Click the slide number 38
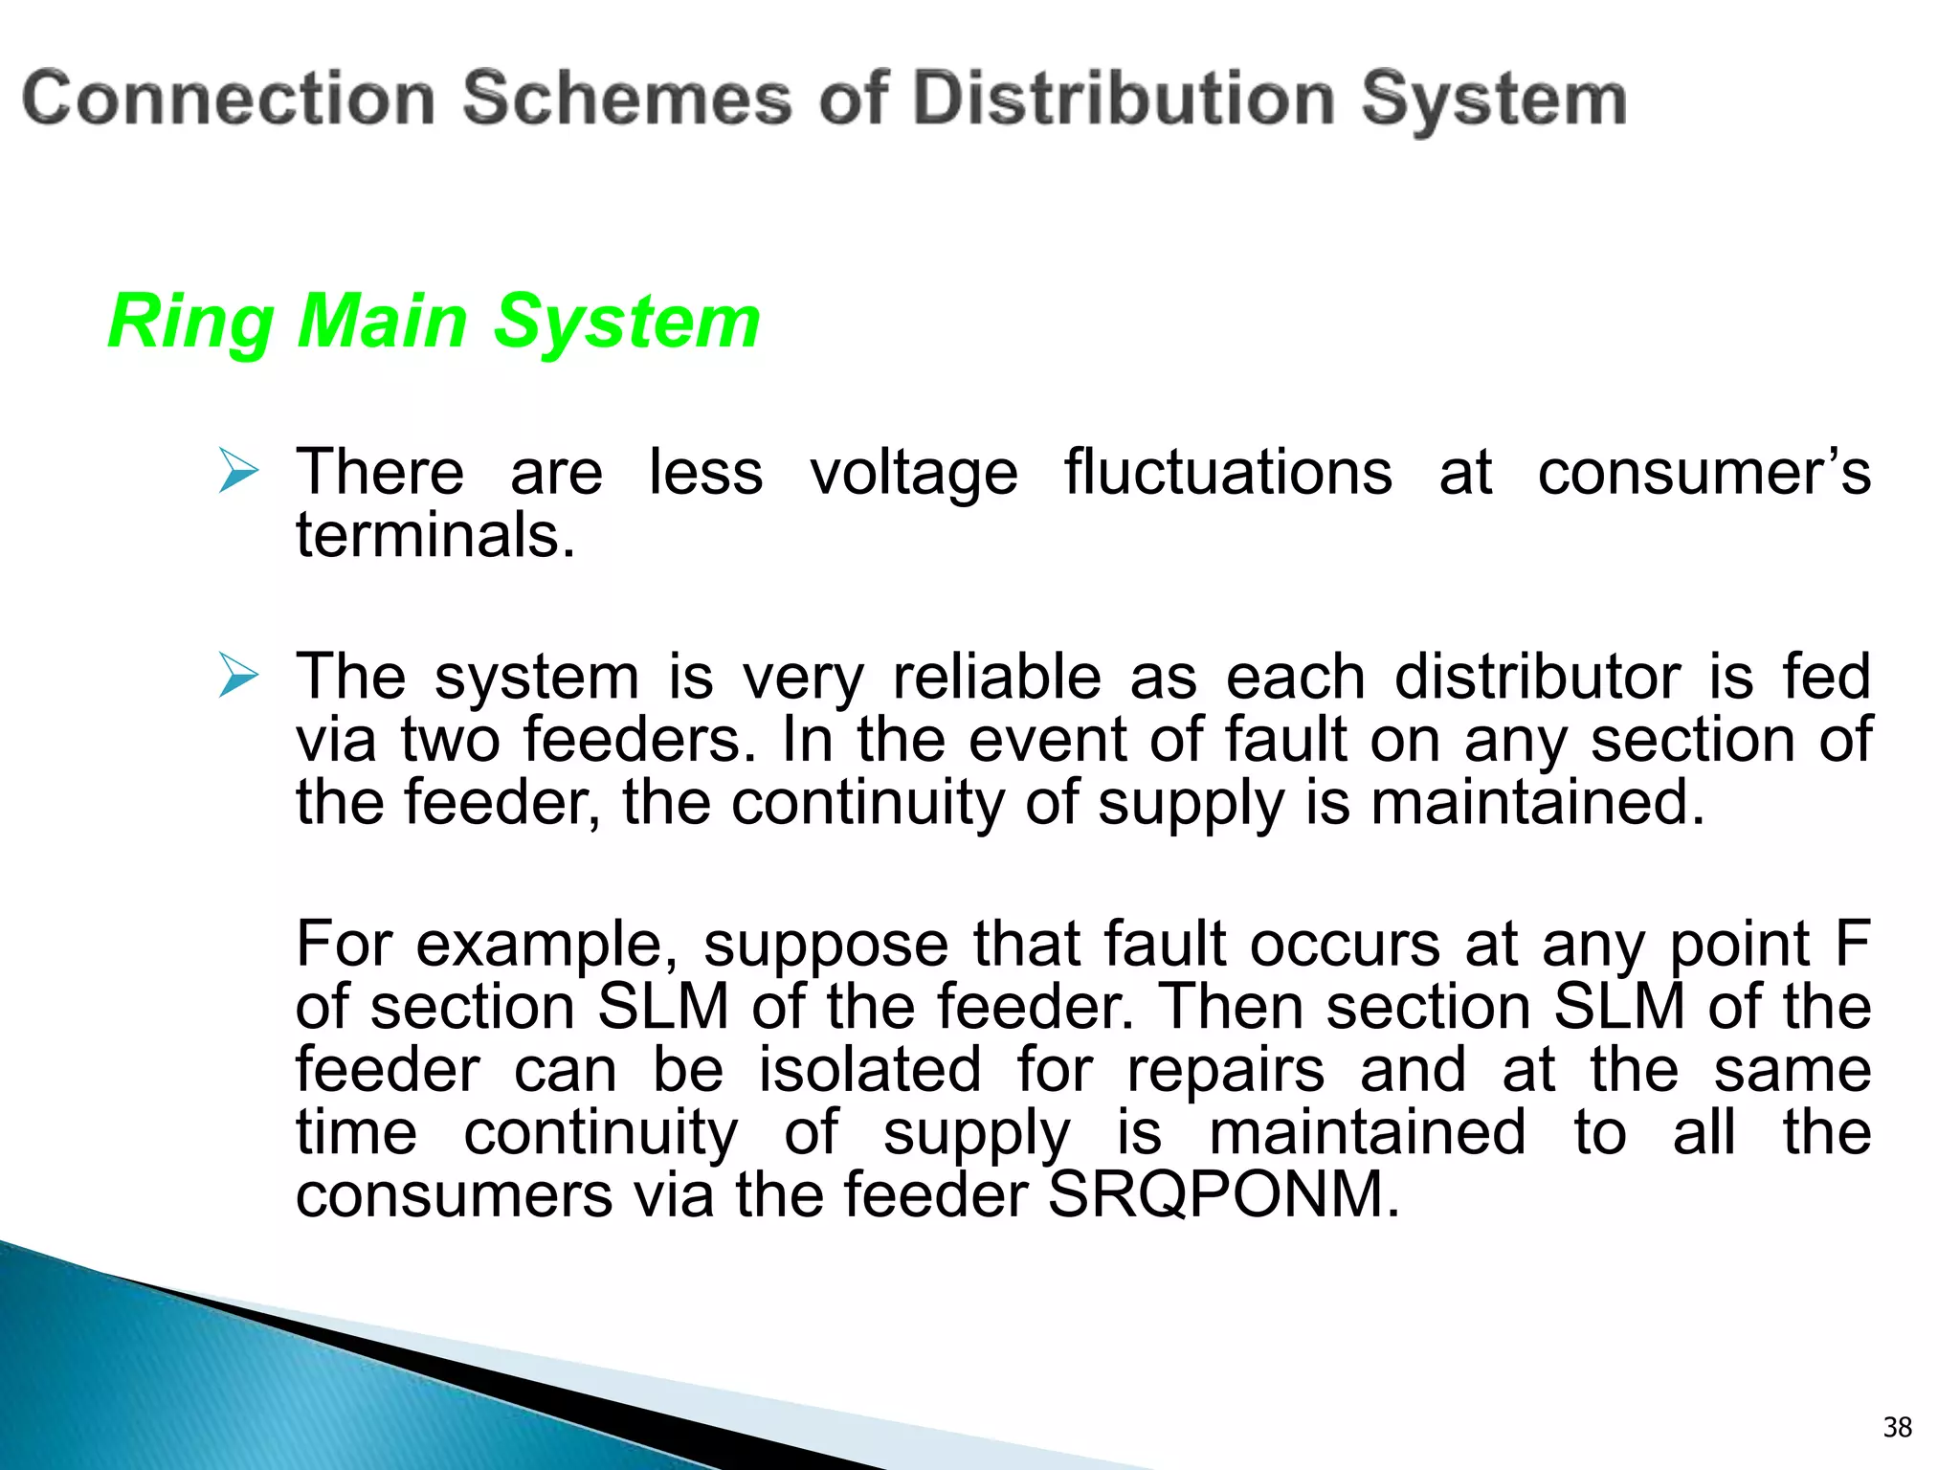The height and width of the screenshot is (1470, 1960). coord(1897,1427)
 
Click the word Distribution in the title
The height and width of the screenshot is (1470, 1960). coord(1125,100)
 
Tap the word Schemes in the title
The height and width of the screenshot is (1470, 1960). coord(628,100)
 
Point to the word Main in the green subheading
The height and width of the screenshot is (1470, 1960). coord(382,322)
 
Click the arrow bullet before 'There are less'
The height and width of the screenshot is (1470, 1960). coord(237,471)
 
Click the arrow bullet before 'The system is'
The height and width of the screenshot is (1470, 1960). coord(237,676)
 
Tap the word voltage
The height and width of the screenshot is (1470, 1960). coord(914,475)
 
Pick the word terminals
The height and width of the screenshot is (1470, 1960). coord(435,535)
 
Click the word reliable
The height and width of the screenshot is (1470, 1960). coord(996,677)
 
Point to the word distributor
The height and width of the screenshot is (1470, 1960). coord(1537,677)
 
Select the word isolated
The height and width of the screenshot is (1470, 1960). coord(870,1069)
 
